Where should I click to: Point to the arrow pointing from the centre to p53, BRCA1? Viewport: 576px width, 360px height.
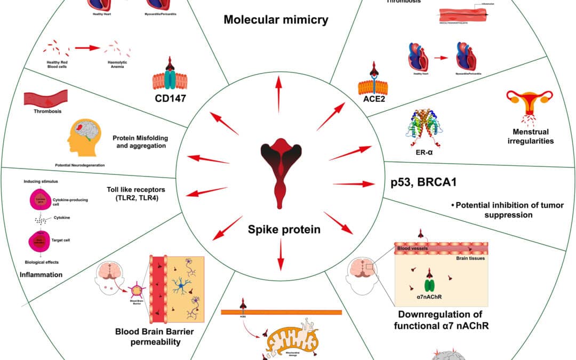tap(353, 184)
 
